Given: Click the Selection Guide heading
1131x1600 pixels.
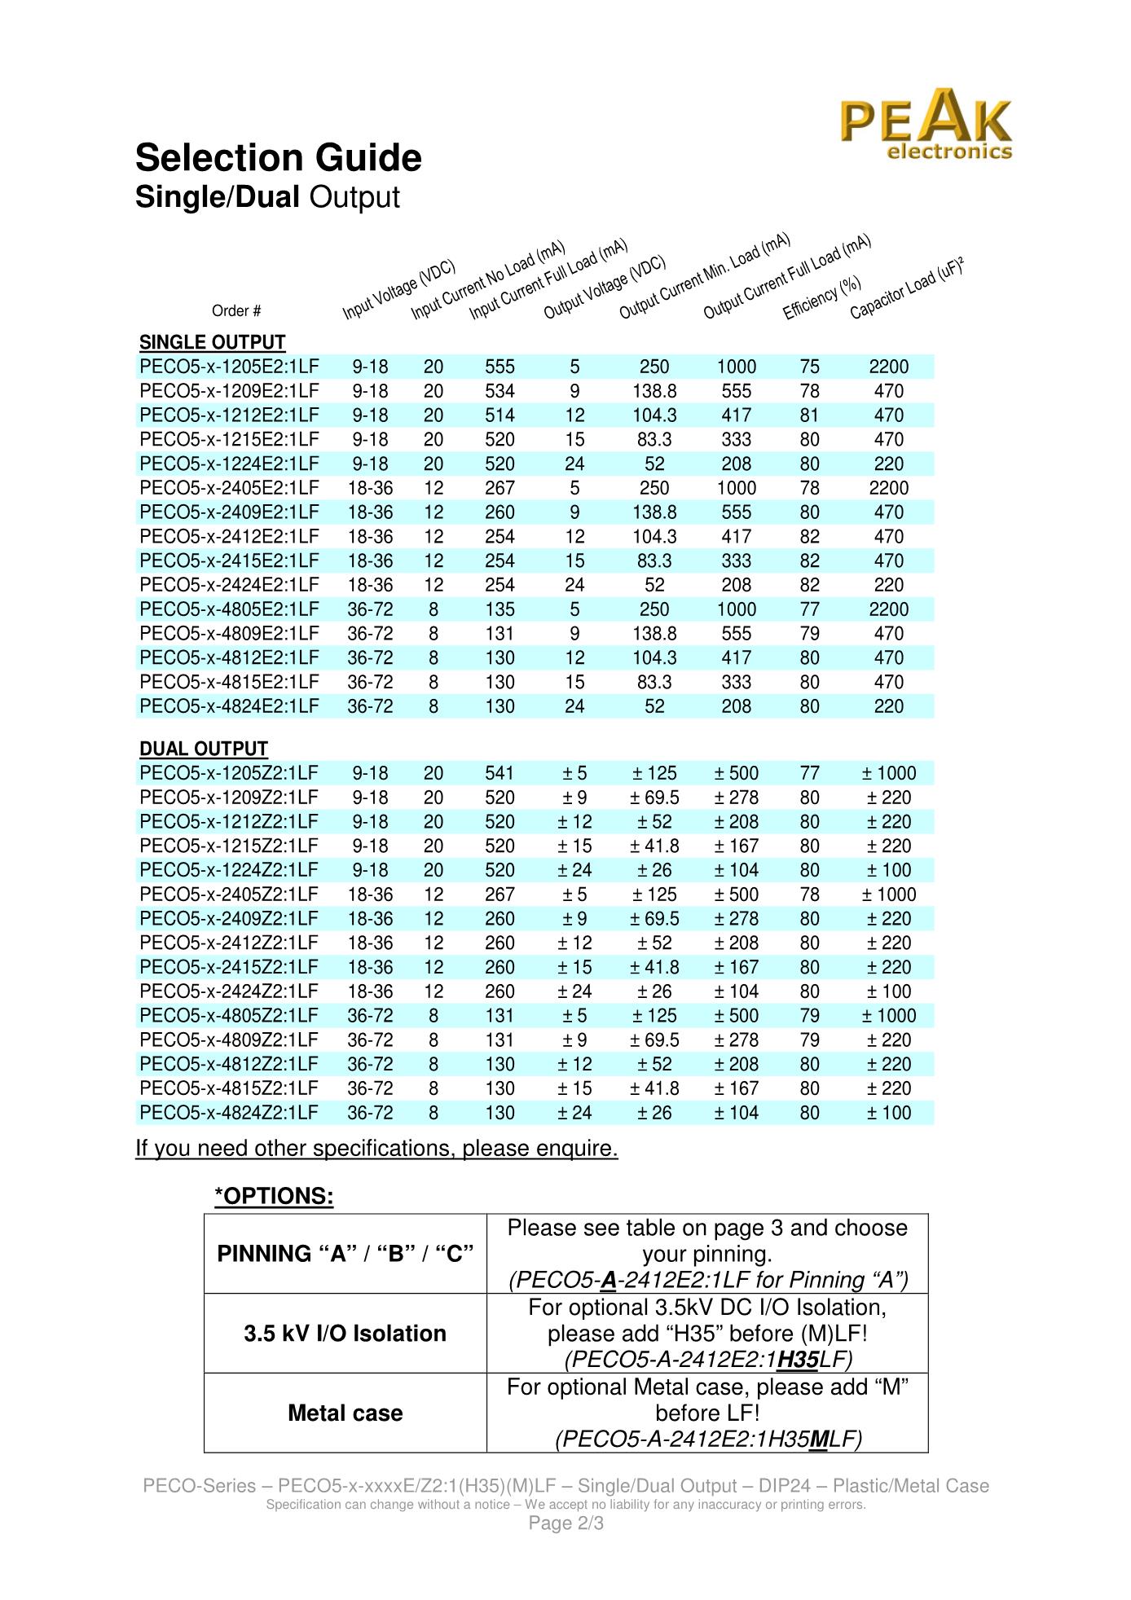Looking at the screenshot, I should pos(279,158).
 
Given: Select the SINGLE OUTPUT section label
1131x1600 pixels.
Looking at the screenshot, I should pos(212,342).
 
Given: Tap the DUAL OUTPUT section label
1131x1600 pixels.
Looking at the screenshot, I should pos(204,749).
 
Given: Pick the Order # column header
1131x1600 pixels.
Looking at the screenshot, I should pos(236,311).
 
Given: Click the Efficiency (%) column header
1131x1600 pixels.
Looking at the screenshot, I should pos(821,298).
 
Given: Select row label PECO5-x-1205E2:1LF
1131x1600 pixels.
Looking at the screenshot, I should pos(229,367).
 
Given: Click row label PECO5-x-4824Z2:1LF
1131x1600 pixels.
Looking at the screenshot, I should pos(229,1113).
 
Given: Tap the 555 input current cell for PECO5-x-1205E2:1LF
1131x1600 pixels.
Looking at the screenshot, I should pos(499,367).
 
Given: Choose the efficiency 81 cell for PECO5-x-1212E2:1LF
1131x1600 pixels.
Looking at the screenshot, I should pos(809,415).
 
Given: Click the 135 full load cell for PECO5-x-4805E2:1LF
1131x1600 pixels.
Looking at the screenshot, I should pos(499,609).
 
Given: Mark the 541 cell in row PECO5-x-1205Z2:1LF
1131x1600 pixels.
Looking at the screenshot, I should pos(499,773).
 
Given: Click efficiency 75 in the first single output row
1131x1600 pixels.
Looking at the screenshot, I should pos(809,367).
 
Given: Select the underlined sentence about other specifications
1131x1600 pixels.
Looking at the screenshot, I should pos(376,1149).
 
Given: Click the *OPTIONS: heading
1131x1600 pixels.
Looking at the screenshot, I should pos(274,1196).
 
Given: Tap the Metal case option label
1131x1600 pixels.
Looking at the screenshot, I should pos(345,1413).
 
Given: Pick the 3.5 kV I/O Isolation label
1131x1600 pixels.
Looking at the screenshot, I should pos(345,1333).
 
